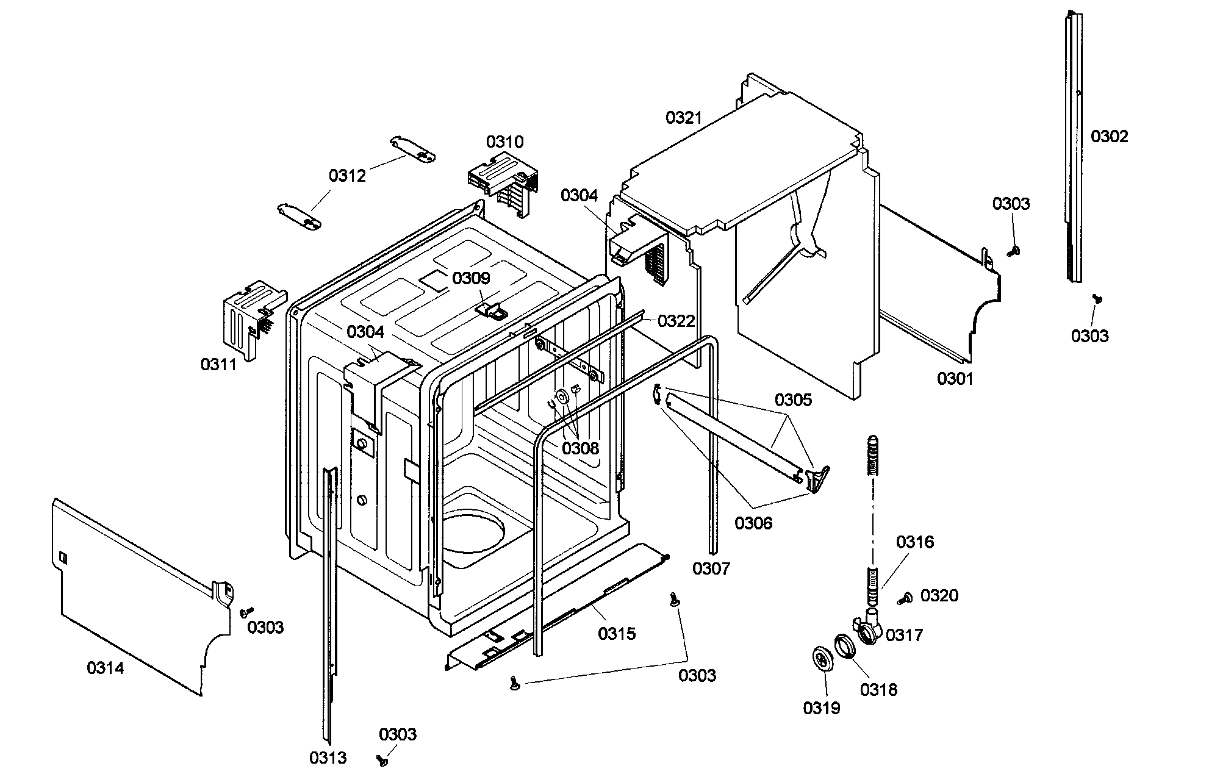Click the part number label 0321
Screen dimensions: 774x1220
[x=684, y=118]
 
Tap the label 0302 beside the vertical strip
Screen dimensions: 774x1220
[x=1110, y=136]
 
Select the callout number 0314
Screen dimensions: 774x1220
[x=105, y=668]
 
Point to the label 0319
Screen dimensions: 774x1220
[x=821, y=708]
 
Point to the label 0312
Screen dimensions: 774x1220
[x=347, y=176]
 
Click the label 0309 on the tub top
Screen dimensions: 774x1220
[x=471, y=279]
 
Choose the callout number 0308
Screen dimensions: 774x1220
[x=580, y=449]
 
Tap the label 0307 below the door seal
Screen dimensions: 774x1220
[x=711, y=569]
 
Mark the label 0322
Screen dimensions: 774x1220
[x=676, y=321]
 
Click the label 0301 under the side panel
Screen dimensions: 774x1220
[x=955, y=379]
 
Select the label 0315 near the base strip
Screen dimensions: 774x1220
[x=617, y=634]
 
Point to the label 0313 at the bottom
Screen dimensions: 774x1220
[x=328, y=758]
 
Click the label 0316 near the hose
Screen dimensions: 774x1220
[x=914, y=542]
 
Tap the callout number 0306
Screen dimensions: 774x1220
[x=753, y=523]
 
